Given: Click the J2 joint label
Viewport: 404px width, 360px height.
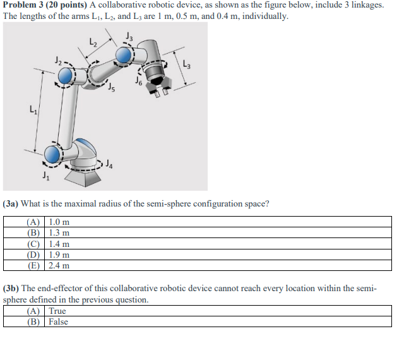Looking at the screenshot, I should pyautogui.click(x=58, y=61).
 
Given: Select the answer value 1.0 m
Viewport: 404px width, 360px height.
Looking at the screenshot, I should pyautogui.click(x=59, y=222).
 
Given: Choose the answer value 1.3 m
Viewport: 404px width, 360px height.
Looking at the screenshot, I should pyautogui.click(x=59, y=232).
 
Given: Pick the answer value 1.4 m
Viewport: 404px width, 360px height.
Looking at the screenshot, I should pyautogui.click(x=59, y=244).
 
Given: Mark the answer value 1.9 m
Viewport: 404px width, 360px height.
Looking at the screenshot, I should pyautogui.click(x=59, y=255).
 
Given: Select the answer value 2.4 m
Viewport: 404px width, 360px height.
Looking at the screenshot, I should pyautogui.click(x=59, y=266).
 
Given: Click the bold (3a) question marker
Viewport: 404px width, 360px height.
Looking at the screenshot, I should pyautogui.click(x=12, y=204).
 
